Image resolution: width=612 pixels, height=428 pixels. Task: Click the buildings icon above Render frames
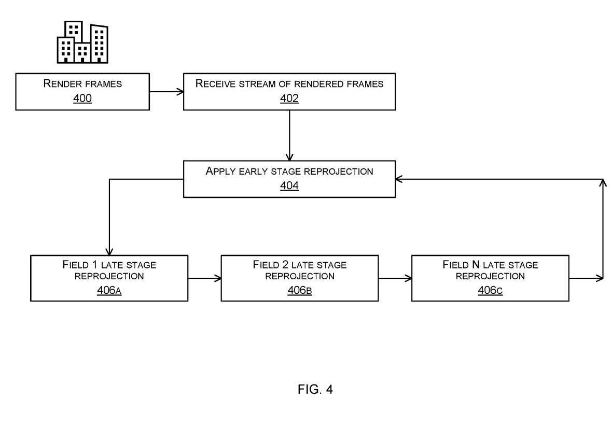tap(82, 42)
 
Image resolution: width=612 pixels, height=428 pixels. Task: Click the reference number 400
tap(82, 98)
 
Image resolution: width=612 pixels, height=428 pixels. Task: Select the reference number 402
tap(289, 98)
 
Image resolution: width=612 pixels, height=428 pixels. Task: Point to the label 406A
tap(109, 290)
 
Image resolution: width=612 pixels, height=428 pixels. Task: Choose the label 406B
tap(300, 290)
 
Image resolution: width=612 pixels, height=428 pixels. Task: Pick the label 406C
tap(490, 290)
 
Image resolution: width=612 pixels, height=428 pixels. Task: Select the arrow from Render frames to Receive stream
tap(166, 92)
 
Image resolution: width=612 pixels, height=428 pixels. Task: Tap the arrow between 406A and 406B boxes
tap(204, 278)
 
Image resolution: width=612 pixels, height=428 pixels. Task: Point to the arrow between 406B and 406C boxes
tap(395, 278)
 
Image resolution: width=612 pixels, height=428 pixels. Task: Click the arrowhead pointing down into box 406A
tap(109, 251)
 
